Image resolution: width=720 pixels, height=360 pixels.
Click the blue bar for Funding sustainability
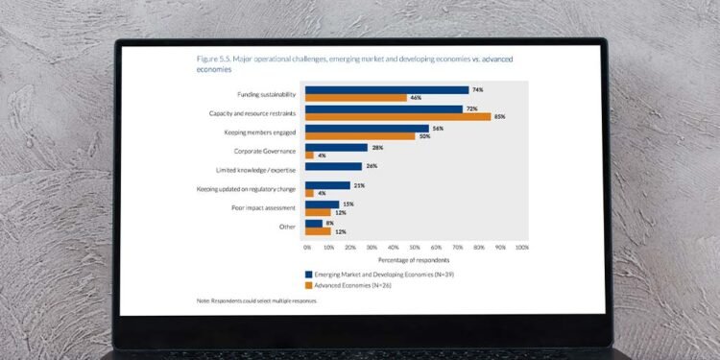[386, 90]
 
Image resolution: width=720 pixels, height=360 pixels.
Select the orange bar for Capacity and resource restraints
[397, 117]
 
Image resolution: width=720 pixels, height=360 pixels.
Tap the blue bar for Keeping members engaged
[367, 128]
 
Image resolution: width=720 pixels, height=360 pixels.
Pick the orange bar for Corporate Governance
[309, 155]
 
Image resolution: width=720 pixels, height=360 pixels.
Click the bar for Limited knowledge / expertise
[333, 166]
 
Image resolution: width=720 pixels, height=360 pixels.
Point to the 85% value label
[500, 117]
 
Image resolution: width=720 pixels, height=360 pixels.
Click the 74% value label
[477, 90]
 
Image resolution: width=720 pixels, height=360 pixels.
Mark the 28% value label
[376, 147]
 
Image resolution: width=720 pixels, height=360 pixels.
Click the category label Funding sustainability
[266, 94]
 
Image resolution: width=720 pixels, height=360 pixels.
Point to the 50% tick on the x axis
[415, 247]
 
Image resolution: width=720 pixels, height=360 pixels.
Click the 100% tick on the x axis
[521, 247]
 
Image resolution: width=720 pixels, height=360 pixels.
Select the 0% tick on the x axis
[307, 247]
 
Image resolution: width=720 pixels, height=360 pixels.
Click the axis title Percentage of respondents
[413, 259]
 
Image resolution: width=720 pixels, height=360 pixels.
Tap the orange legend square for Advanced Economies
[308, 284]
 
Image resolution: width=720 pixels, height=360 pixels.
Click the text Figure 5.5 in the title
[214, 60]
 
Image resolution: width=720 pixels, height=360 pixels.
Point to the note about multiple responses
[257, 300]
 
